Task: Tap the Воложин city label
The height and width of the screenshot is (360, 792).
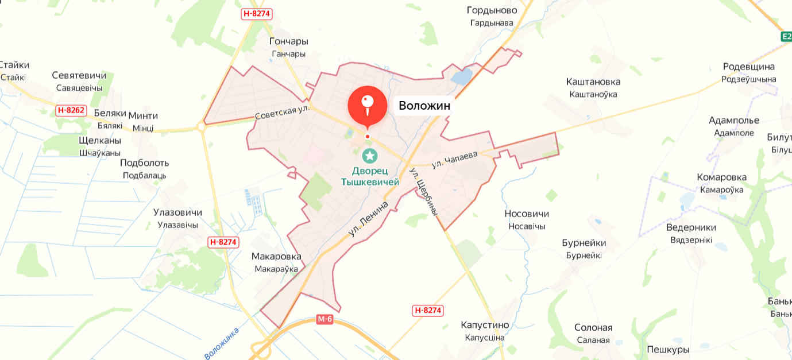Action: pyautogui.click(x=424, y=106)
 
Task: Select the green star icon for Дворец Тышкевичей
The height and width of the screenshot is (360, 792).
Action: pyautogui.click(x=370, y=156)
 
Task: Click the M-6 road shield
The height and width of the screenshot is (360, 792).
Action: pyautogui.click(x=324, y=319)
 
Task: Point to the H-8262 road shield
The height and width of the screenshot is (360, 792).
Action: pyautogui.click(x=71, y=110)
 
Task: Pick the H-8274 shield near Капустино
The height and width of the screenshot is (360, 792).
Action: pyautogui.click(x=428, y=311)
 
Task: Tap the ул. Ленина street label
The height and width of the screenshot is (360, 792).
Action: pyautogui.click(x=368, y=219)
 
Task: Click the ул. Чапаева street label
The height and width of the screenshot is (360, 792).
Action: pyautogui.click(x=455, y=160)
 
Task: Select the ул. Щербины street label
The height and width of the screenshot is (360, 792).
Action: pyautogui.click(x=424, y=192)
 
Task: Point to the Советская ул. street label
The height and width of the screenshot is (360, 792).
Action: pyautogui.click(x=282, y=113)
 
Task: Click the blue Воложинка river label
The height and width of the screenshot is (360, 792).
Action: pyautogui.click(x=221, y=343)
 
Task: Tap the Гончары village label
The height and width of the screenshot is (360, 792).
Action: pyautogui.click(x=289, y=41)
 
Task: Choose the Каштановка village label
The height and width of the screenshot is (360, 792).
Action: pyautogui.click(x=593, y=82)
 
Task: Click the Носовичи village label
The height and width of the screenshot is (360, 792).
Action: pyautogui.click(x=527, y=214)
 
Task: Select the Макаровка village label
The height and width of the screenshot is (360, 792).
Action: pyautogui.click(x=276, y=256)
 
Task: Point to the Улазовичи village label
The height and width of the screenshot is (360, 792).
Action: pyautogui.click(x=177, y=212)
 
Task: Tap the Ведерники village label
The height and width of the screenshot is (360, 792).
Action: pyautogui.click(x=691, y=227)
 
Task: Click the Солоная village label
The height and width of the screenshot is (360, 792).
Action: pyautogui.click(x=593, y=328)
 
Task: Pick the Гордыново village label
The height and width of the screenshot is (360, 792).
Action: pyautogui.click(x=492, y=10)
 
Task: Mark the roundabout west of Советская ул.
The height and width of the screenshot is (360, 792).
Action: pyautogui.click(x=202, y=126)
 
